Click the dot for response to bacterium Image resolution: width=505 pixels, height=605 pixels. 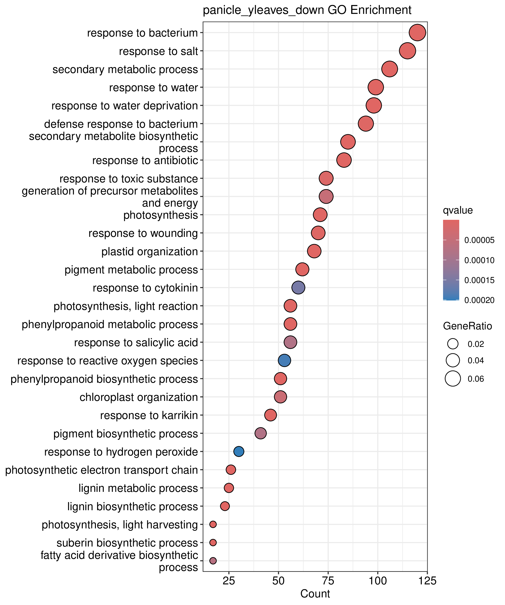pos(417,32)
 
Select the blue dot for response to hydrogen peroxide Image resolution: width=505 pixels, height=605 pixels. pos(239,452)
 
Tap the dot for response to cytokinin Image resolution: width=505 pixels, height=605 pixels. pos(298,287)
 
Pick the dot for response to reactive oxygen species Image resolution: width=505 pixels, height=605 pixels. pos(285,360)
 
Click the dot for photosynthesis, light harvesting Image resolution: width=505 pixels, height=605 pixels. pos(213,524)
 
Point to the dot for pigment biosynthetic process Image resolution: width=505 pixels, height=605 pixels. pos(261,433)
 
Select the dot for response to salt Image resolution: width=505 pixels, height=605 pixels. pos(407,51)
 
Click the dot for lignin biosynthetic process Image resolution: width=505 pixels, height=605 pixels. pos(225,506)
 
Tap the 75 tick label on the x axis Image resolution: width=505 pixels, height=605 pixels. pos(328,581)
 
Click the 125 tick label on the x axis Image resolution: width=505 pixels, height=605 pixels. pos(427,581)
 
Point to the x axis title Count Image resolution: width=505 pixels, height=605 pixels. pos(315,594)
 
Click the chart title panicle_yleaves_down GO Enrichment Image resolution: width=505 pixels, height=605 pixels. pos(307,10)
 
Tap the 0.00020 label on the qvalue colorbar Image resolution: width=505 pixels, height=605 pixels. pos(479,300)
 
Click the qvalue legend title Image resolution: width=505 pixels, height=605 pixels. pos(458,210)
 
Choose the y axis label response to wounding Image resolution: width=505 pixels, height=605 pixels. pos(143,233)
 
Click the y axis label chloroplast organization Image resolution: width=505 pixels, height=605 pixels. pos(139,397)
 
